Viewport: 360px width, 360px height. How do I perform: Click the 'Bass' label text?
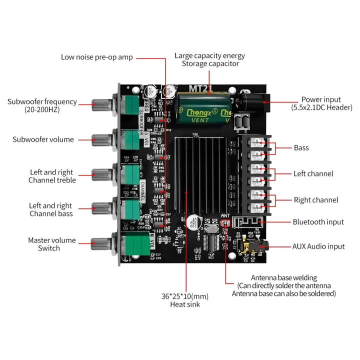coord(301,148)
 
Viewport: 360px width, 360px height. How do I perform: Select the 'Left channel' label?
coord(313,174)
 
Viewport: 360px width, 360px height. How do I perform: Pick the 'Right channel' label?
coord(315,200)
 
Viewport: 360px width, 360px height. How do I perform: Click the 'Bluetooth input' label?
coord(318,222)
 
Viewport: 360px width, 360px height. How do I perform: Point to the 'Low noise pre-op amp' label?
coord(97,57)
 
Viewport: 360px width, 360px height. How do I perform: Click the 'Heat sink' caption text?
coord(185,304)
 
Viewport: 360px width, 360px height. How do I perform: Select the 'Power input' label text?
coord(321,99)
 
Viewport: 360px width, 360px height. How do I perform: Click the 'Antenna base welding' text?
coord(283,277)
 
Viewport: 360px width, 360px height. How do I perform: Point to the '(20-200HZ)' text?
coord(42,109)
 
